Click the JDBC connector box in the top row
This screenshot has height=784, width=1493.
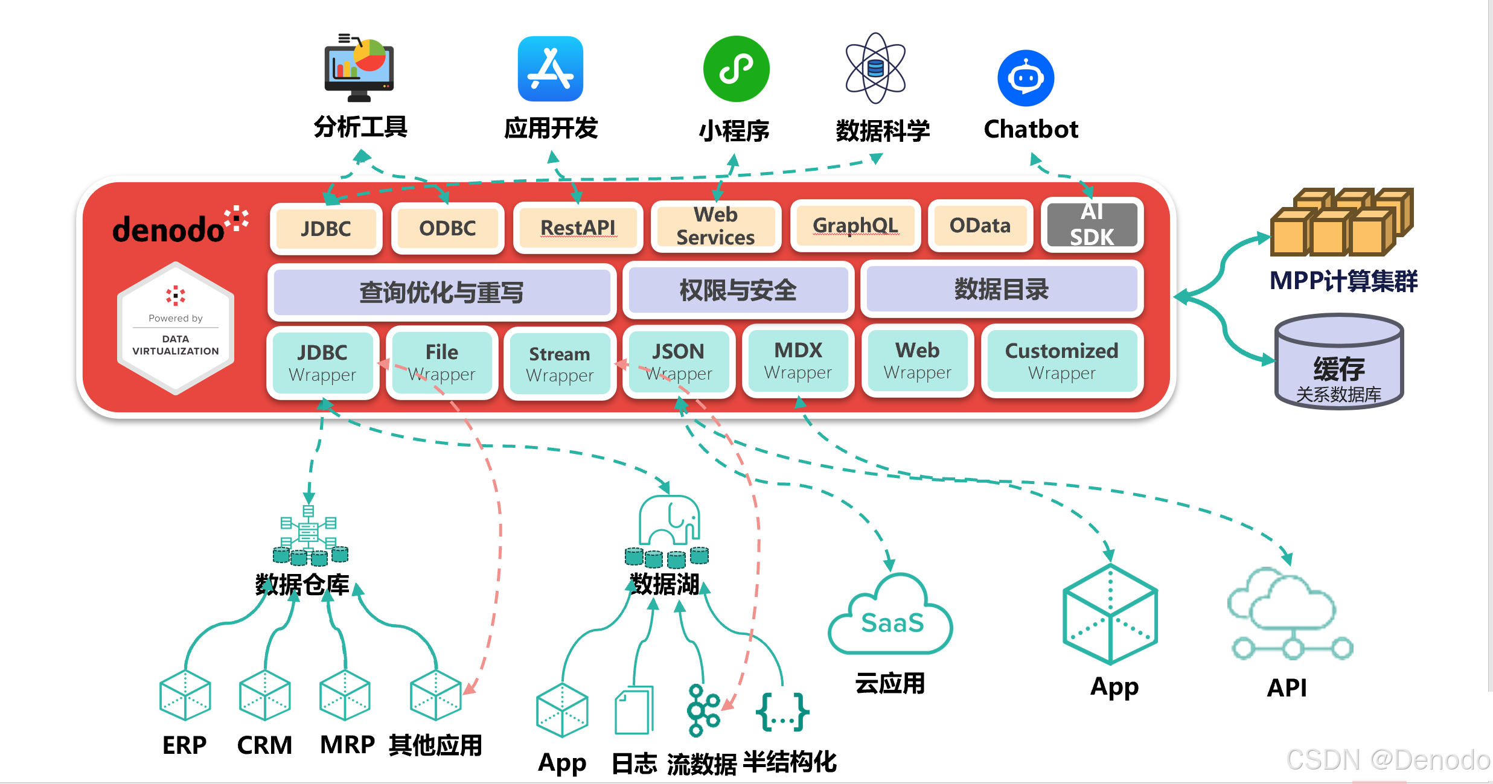[x=326, y=229]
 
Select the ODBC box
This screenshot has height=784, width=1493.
[x=447, y=228]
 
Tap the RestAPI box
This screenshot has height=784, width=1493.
[x=578, y=228]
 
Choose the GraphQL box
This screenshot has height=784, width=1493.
[x=855, y=226]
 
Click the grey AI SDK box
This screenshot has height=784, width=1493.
[x=1092, y=225]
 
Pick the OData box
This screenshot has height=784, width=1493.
[x=980, y=226]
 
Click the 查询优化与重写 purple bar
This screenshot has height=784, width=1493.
[x=441, y=292]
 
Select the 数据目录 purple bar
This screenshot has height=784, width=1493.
[x=1001, y=290]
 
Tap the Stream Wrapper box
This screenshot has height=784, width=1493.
[x=560, y=364]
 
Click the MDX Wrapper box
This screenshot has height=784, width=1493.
[x=798, y=361]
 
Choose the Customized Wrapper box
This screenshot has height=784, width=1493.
[x=1061, y=361]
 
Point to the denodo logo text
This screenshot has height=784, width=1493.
[x=168, y=230]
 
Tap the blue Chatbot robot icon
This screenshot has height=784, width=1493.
[x=1026, y=78]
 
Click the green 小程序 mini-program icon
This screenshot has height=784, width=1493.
[x=736, y=69]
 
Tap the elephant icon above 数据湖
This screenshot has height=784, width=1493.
[x=669, y=521]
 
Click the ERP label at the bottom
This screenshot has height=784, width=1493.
[x=185, y=745]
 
